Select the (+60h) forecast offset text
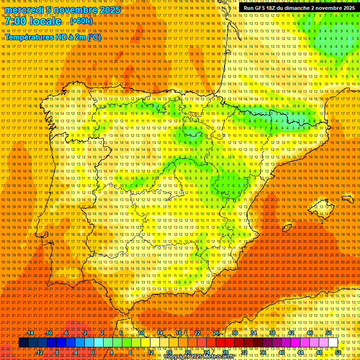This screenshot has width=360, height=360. pos(81,21)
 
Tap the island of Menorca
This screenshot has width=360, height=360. pos(347,199)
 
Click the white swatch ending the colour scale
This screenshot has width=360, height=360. pos(333,343)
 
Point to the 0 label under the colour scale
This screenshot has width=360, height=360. pos(93,352)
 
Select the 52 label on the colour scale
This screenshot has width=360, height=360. pos(338,352)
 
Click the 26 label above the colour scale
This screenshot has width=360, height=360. pos(216,333)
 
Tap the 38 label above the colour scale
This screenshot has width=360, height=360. pos(272,333)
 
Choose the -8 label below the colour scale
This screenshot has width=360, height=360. pos(56,352)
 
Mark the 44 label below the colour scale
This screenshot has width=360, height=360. pos(300,352)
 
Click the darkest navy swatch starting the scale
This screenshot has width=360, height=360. pos(23,343)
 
